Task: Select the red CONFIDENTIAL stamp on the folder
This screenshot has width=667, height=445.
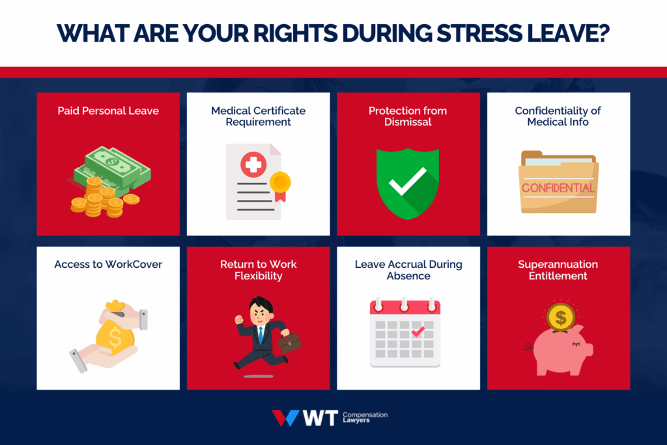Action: pyautogui.click(x=558, y=188)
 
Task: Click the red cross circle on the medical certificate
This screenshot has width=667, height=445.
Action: pyautogui.click(x=252, y=164)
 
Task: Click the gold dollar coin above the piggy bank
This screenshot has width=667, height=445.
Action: pyautogui.click(x=560, y=317)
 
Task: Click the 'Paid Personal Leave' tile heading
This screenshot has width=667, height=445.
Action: pyautogui.click(x=108, y=111)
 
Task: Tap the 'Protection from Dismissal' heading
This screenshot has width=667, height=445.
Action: pyautogui.click(x=408, y=116)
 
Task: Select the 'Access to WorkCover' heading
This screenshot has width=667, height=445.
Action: pyautogui.click(x=108, y=265)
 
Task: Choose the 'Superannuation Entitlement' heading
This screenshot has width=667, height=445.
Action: pyautogui.click(x=558, y=270)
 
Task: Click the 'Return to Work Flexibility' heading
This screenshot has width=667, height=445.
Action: pyautogui.click(x=258, y=270)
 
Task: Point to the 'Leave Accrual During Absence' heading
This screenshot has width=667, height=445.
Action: pyautogui.click(x=408, y=270)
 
